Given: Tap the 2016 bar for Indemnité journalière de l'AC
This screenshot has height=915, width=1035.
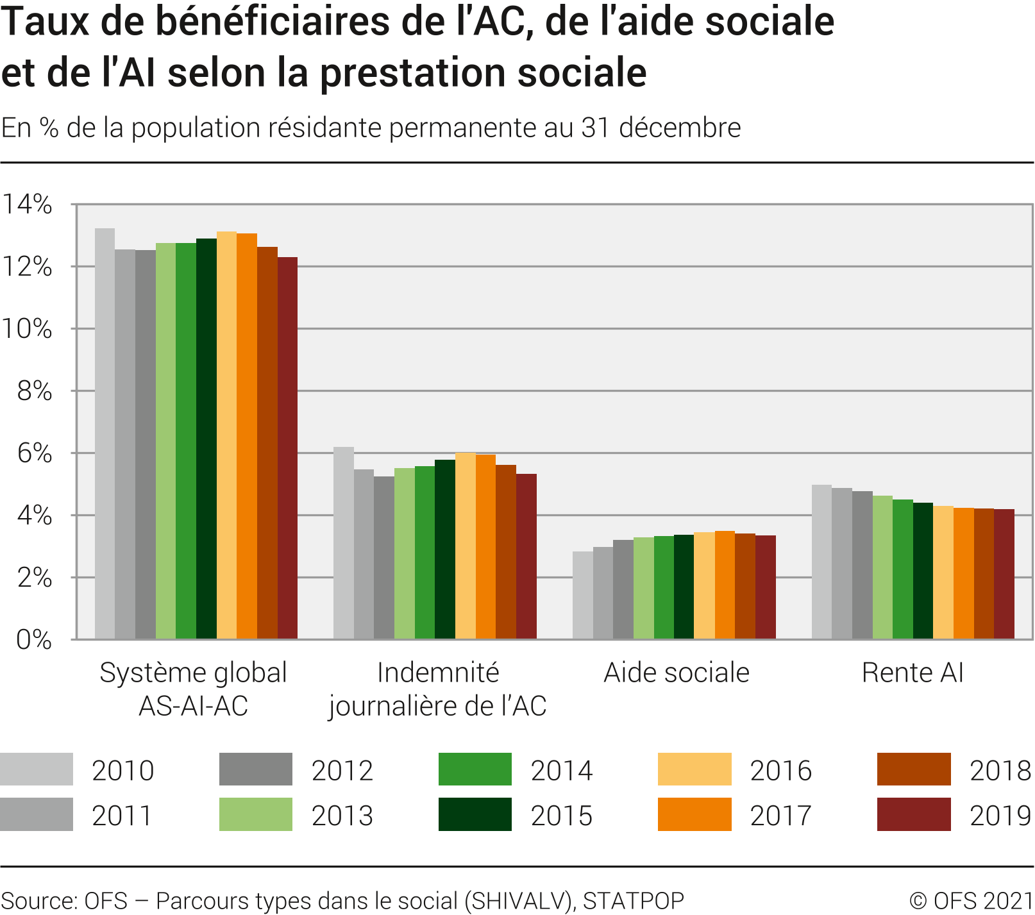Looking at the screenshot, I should [x=466, y=546].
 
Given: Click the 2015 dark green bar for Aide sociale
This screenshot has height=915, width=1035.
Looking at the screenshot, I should [x=684, y=587].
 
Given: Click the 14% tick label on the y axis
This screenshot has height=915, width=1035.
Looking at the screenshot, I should [x=27, y=205].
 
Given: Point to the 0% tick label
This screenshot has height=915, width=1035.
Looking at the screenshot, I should [x=33, y=639].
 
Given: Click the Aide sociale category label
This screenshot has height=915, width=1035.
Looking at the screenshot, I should [x=677, y=673].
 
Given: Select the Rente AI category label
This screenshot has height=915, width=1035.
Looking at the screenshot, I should [x=913, y=673].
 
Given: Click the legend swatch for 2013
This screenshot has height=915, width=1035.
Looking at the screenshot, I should [x=255, y=814].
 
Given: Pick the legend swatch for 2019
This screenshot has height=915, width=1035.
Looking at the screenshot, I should [x=914, y=814].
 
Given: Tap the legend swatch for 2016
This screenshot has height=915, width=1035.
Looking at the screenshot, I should [x=694, y=769].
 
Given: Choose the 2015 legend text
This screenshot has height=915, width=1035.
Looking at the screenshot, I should [x=562, y=816].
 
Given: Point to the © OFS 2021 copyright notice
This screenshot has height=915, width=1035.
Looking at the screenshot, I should [x=971, y=901].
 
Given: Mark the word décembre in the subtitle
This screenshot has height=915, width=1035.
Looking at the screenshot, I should [x=680, y=128].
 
